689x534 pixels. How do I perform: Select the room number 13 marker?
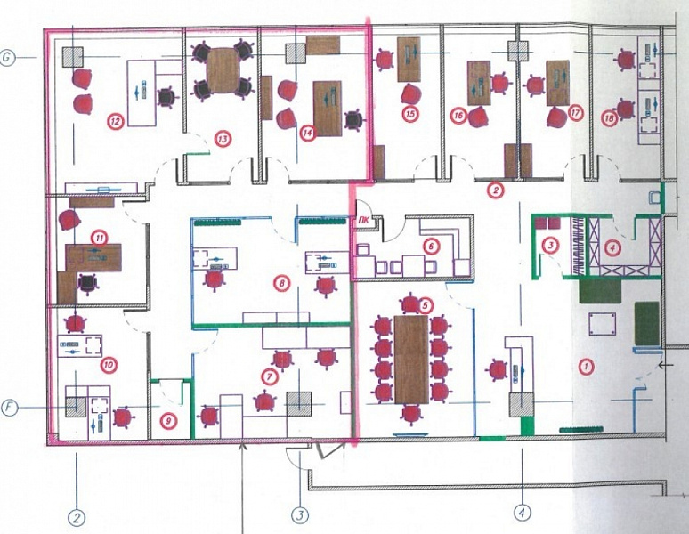click(x=222, y=139)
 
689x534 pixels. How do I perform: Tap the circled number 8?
click(x=281, y=283)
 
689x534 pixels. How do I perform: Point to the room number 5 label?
click(x=425, y=305)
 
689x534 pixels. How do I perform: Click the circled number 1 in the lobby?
click(x=585, y=365)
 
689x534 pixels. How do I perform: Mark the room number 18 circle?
click(x=610, y=117)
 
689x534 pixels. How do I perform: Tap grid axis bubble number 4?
click(x=523, y=513)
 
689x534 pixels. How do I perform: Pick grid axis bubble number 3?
click(x=301, y=514)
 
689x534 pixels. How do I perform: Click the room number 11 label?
click(x=98, y=238)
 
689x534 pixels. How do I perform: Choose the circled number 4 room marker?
click(x=611, y=247)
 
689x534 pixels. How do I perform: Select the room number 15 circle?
click(x=409, y=114)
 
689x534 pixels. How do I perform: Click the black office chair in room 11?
click(x=87, y=283)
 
